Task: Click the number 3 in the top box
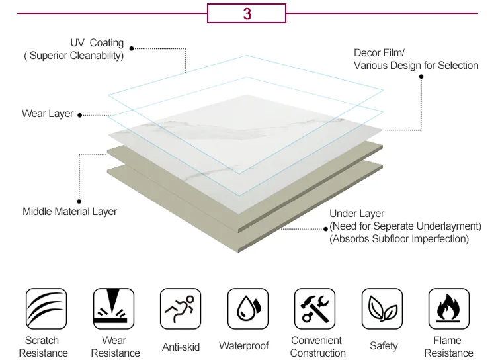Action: coord(247,13)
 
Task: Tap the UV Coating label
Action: coord(97,43)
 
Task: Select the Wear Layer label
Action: coord(48,114)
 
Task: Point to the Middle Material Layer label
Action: coord(70,212)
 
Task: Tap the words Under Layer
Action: coord(357,214)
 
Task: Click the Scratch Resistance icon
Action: coord(46,308)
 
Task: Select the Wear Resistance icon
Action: coord(114,308)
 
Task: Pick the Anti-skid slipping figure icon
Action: coord(181,308)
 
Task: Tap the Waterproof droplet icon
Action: coord(248,308)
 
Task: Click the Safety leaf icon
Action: coord(382,308)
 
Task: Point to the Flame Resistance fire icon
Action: coord(449,308)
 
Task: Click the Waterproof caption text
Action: coord(244,346)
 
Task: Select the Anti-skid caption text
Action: coord(181,347)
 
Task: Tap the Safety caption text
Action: coord(384,346)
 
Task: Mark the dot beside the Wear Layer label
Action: coord(80,115)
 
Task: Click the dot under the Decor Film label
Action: coord(421,76)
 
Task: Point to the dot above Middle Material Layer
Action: coord(79,201)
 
